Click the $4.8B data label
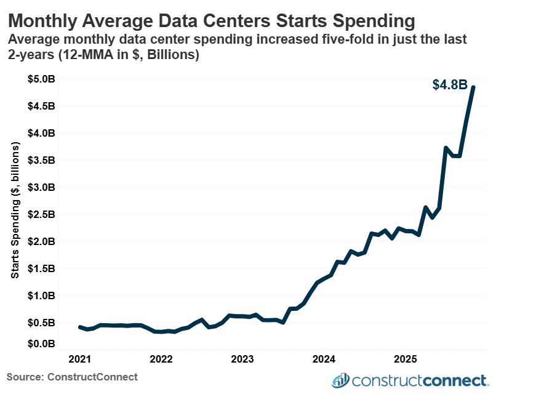(449, 85)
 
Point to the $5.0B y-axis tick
(42, 79)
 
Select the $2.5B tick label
(42, 214)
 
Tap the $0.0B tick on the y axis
(42, 343)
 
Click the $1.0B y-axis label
(42, 295)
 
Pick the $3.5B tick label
(42, 160)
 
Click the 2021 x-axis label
(79, 359)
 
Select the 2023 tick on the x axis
(242, 359)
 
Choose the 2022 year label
(161, 359)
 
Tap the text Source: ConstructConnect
(72, 376)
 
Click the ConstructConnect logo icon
(340, 380)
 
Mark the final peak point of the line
(473, 87)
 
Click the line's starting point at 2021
(80, 327)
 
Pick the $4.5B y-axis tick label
(42, 106)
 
